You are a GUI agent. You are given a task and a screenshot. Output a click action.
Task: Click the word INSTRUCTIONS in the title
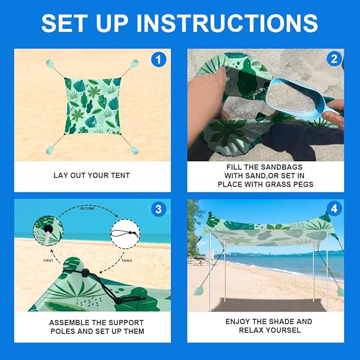[x=227, y=23]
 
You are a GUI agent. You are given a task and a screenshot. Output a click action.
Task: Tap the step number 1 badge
[x=159, y=59]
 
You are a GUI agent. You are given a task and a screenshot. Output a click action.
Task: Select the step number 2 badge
[x=334, y=59]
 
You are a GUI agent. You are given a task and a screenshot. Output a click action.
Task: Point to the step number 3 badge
[x=159, y=209]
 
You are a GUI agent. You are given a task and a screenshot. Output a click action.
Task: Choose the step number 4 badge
[x=334, y=208]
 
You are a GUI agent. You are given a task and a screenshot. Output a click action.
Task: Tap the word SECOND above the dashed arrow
[x=87, y=208]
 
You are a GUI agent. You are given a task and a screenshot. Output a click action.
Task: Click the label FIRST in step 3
[x=48, y=260]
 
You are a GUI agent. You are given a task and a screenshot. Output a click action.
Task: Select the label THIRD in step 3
[x=127, y=260]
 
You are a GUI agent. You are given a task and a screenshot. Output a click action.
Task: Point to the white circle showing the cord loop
[x=125, y=234]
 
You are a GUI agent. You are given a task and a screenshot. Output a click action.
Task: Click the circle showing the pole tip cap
[x=48, y=231]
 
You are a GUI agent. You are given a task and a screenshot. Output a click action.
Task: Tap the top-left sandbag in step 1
[x=50, y=64]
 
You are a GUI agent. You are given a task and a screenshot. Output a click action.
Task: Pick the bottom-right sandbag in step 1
[x=135, y=151]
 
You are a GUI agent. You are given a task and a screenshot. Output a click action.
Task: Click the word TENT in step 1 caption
[x=120, y=175]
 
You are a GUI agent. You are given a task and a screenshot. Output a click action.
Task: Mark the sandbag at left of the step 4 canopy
[x=198, y=291]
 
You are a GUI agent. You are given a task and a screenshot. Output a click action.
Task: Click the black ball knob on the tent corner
[x=85, y=273]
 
